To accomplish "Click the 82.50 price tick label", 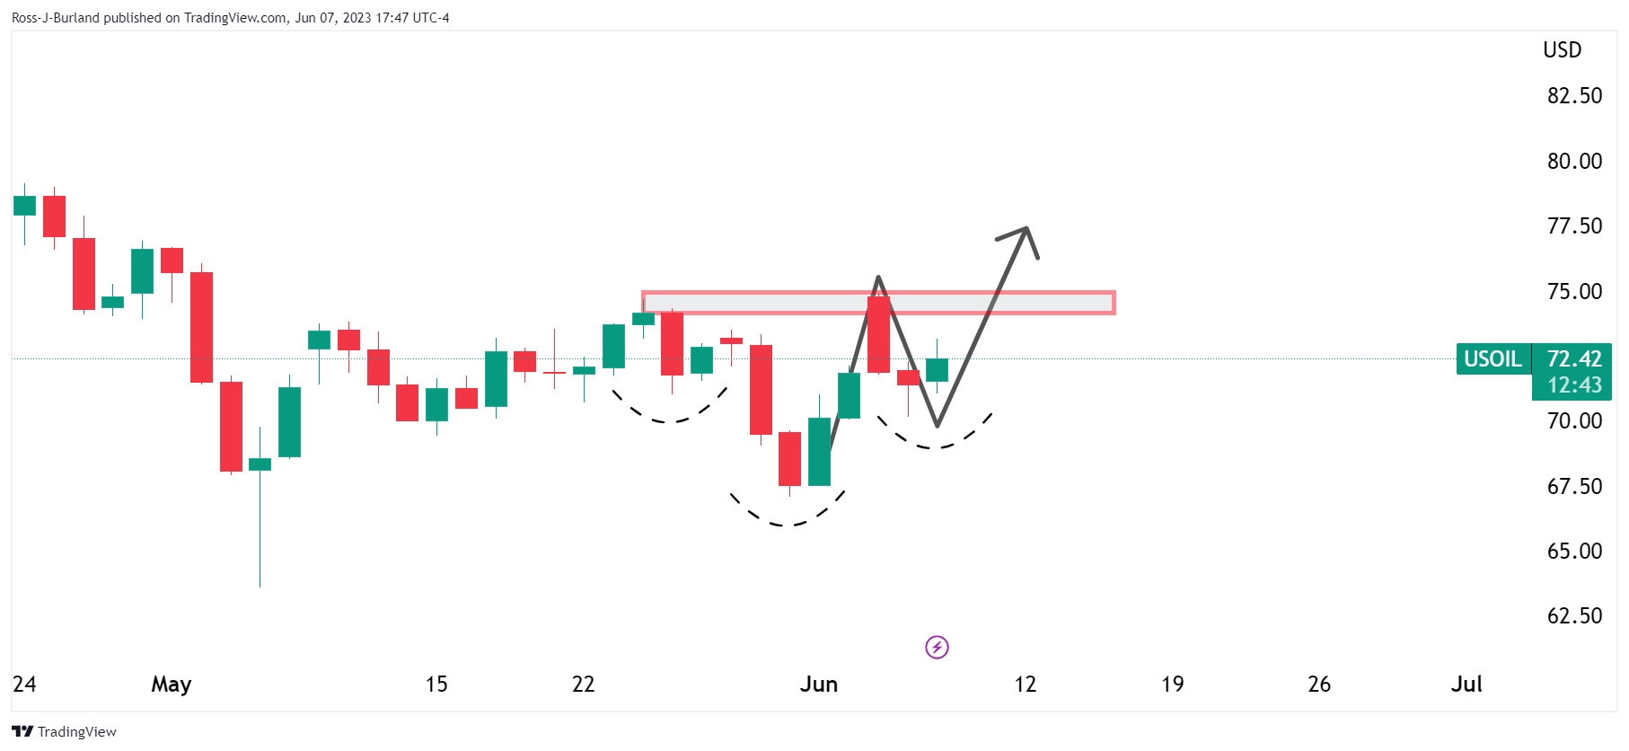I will click(1573, 96).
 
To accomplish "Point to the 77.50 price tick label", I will click(1573, 226).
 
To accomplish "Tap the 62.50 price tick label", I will click(1573, 616).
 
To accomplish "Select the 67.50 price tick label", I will click(1573, 487).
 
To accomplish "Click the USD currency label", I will click(1562, 50).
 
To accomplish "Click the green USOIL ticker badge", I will click(1493, 359).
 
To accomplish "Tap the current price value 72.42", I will click(1574, 359).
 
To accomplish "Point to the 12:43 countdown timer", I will click(1574, 385).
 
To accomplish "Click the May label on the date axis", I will click(171, 685).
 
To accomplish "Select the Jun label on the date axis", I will click(818, 685).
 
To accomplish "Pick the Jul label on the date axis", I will click(1466, 685).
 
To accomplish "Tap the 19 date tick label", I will click(1172, 685).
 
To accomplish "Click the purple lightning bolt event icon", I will click(937, 647).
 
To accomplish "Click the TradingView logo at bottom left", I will click(64, 731).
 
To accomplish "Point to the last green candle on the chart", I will click(937, 369).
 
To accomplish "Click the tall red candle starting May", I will click(201, 326).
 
